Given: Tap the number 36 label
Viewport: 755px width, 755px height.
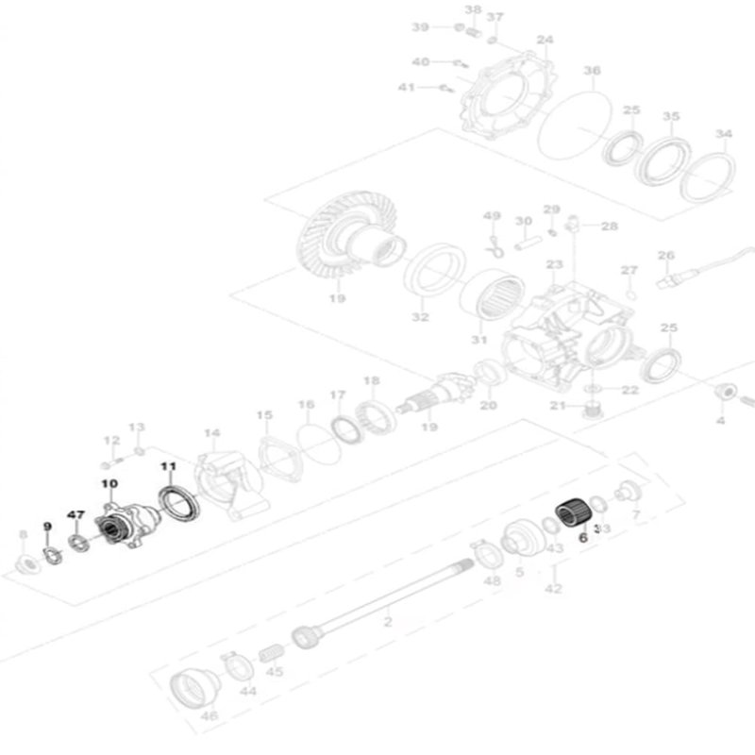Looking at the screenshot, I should tap(592, 72).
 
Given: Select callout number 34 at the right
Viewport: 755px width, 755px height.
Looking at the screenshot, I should tap(723, 134).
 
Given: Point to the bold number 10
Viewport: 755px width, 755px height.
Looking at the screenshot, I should tap(109, 483).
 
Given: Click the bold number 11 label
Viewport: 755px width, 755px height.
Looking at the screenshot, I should tap(168, 466).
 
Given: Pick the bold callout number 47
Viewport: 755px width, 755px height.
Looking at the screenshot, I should tap(76, 514).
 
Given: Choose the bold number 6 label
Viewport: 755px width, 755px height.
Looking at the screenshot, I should tap(582, 536).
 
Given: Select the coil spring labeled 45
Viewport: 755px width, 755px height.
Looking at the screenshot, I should tap(270, 651).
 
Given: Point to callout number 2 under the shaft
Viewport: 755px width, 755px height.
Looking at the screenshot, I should tap(387, 623).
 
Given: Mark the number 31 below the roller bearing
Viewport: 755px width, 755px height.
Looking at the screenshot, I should tap(478, 340).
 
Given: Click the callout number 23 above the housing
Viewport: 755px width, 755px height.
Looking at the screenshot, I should tap(554, 265).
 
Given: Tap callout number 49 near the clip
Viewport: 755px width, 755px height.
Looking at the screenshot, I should tap(492, 216).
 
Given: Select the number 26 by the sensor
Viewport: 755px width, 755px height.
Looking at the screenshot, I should tap(665, 256).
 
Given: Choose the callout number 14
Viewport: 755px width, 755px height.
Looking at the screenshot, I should tap(211, 433).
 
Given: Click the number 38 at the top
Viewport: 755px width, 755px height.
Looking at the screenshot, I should tap(473, 9).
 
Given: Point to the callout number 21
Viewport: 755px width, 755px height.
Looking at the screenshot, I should tap(557, 406).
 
